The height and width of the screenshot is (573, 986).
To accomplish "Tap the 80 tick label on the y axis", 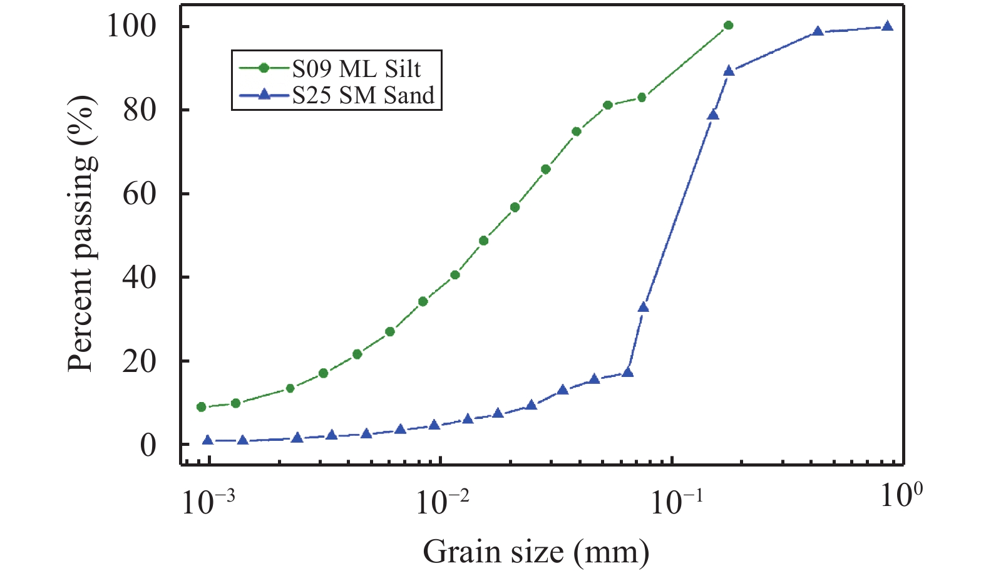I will tap(139, 110).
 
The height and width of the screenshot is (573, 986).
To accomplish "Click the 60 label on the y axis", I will tap(139, 194).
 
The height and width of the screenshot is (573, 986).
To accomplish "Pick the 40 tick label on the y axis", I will tap(139, 277).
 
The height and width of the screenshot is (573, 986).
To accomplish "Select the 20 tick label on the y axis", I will tap(139, 361).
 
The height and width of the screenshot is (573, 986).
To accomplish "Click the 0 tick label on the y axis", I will tap(148, 445).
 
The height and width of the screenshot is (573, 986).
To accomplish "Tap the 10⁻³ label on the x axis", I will tap(209, 500).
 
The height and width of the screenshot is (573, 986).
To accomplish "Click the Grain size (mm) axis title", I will tap(536, 552).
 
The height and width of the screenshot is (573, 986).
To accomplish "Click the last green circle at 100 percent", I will tap(728, 26).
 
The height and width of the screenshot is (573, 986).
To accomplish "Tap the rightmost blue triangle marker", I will tap(887, 26).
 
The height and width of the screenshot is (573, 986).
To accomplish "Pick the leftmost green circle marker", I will tap(201, 407).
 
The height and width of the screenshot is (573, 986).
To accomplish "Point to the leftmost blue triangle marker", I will tap(208, 440).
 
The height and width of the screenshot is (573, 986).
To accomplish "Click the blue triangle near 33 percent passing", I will tap(643, 307).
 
